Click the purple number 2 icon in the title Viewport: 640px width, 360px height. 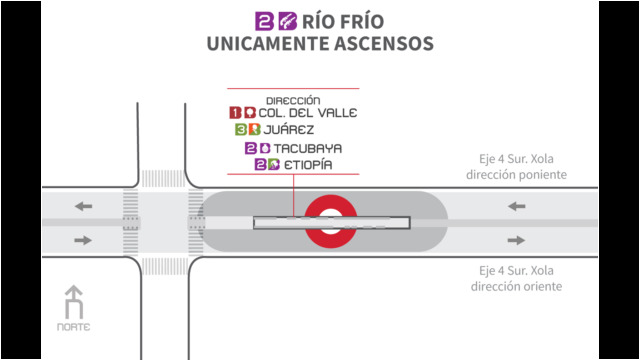(x=264, y=21)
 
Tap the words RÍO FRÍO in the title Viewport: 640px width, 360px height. (x=343, y=21)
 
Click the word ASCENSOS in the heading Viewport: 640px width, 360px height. (x=384, y=44)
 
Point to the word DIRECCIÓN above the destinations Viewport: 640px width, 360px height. (x=293, y=100)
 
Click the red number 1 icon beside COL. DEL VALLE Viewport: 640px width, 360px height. (x=235, y=113)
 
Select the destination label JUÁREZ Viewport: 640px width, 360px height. (x=289, y=130)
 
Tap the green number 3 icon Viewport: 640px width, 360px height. (x=241, y=130)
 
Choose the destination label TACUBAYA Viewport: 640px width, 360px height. (x=308, y=148)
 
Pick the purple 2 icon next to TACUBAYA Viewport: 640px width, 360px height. (x=251, y=148)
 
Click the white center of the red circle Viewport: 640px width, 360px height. (x=331, y=222)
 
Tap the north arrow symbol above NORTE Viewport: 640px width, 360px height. (x=74, y=302)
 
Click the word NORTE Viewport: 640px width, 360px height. (x=73, y=327)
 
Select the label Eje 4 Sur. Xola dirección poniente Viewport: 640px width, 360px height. (x=516, y=167)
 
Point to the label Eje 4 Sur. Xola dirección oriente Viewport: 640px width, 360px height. (x=516, y=278)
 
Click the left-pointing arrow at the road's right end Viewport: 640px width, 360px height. (x=516, y=207)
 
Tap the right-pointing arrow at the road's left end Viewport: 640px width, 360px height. (x=83, y=240)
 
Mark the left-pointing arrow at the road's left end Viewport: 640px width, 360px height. (x=83, y=207)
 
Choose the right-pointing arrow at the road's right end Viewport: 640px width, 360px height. (x=516, y=240)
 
